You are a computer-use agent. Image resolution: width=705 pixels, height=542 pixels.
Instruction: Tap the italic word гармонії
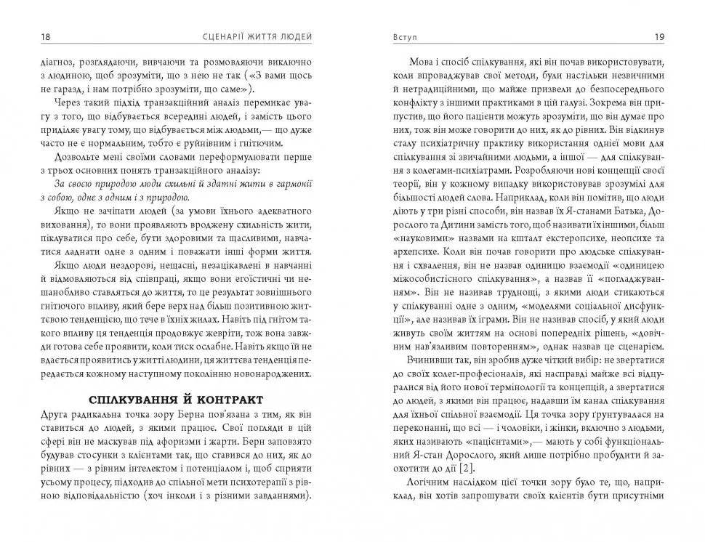pos(292,182)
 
